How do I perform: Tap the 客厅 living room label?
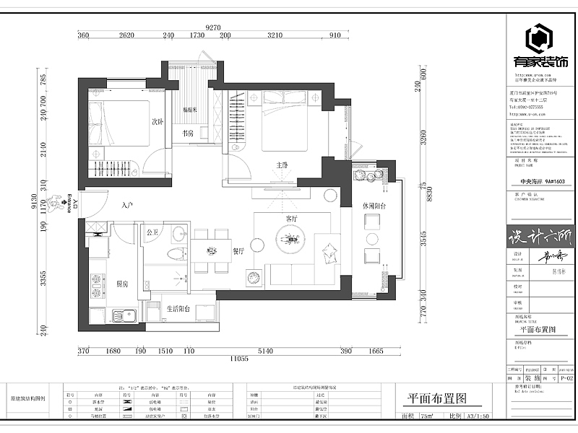pyautogui.click(x=292, y=217)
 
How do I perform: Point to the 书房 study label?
pyautogui.click(x=187, y=134)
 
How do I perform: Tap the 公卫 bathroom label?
pyautogui.click(x=152, y=232)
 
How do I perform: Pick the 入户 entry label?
pyautogui.click(x=128, y=206)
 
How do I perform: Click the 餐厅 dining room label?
pyautogui.click(x=239, y=251)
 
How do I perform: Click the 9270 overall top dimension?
pyautogui.click(x=212, y=27)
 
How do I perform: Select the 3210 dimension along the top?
pyautogui.click(x=275, y=35)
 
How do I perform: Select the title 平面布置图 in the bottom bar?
pyautogui.click(x=435, y=398)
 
